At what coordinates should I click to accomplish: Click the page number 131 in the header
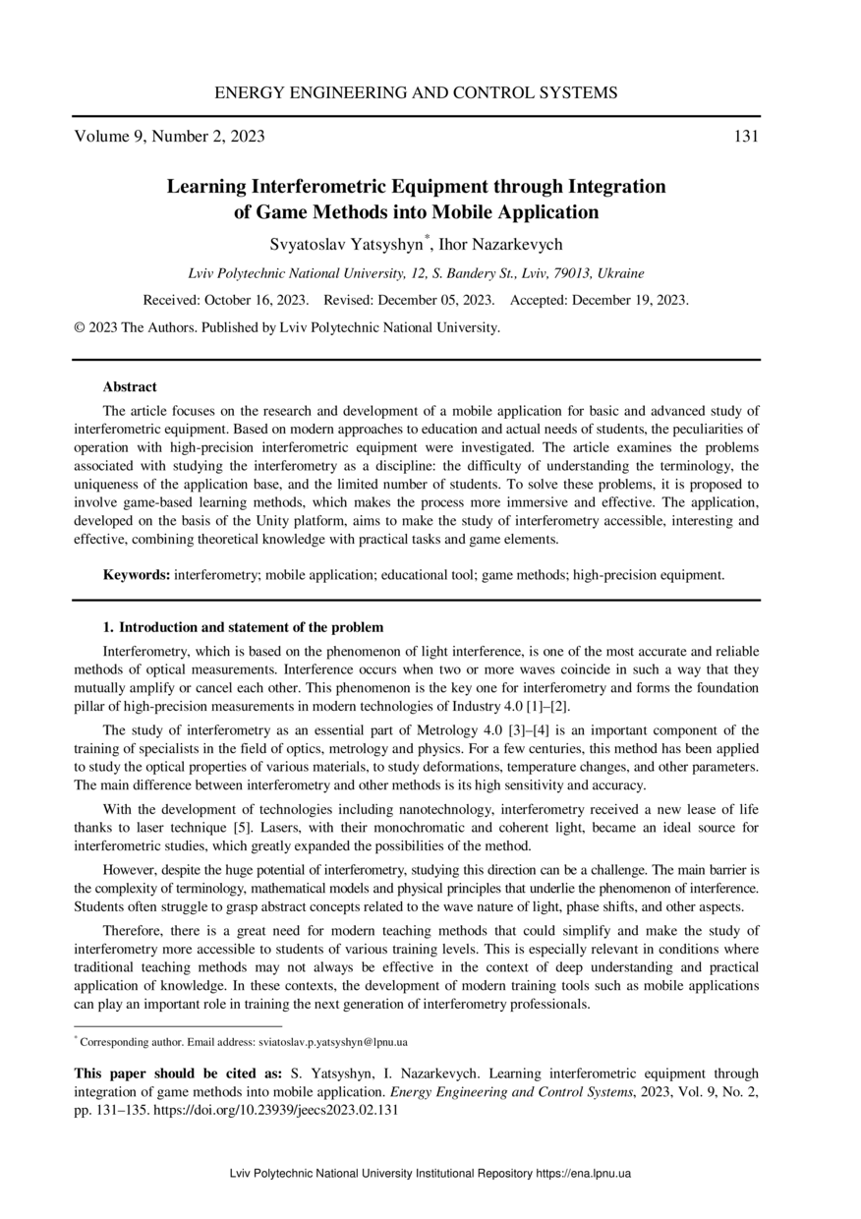(746, 137)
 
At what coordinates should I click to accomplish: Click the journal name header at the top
(416, 93)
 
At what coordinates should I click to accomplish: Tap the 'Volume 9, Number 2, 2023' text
(169, 137)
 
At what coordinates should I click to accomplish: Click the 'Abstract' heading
(130, 387)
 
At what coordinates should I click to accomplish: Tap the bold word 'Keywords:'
(138, 575)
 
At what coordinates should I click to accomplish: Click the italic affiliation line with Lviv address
(416, 274)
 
